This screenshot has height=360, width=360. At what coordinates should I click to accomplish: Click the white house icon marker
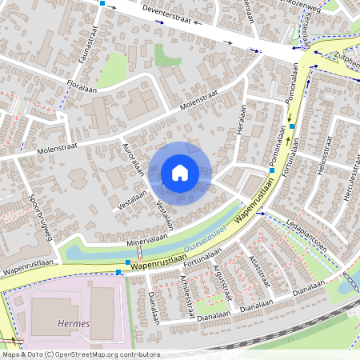(x=180, y=173)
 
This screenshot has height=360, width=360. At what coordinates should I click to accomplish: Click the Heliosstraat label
(x=325, y=152)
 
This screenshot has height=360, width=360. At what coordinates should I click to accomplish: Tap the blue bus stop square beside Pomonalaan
(x=292, y=126)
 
